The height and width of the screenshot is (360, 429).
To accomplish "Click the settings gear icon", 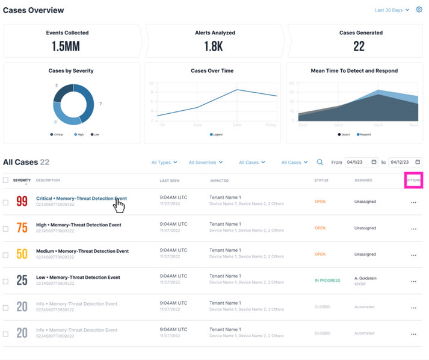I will (x=419, y=10).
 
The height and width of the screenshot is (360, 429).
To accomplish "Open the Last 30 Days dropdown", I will (x=392, y=10).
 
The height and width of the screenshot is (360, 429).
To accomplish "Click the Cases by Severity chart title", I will (x=71, y=71).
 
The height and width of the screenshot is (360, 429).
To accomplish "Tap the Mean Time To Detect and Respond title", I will (x=354, y=71).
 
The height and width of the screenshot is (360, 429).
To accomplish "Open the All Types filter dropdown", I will (x=164, y=163).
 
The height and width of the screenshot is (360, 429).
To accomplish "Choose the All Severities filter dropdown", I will (x=205, y=163).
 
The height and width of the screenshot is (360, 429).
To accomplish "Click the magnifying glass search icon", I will (x=320, y=162).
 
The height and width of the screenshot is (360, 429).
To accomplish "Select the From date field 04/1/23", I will (x=361, y=162).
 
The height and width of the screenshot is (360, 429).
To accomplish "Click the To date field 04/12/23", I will (x=405, y=162).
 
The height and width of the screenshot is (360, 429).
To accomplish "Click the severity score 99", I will (x=22, y=202).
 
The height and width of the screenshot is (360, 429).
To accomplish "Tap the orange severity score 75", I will (x=22, y=228).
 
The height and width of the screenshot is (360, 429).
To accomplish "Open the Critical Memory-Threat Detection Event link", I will (x=81, y=198).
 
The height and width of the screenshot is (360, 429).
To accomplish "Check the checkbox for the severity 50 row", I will (x=6, y=255).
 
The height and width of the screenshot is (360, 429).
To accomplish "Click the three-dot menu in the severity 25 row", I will (x=413, y=281).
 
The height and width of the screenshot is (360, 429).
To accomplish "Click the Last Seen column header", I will (x=169, y=181).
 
